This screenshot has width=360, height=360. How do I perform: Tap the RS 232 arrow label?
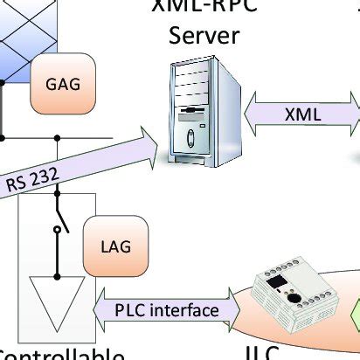tap(33, 181)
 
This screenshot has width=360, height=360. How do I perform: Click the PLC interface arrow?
tap(166, 309)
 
